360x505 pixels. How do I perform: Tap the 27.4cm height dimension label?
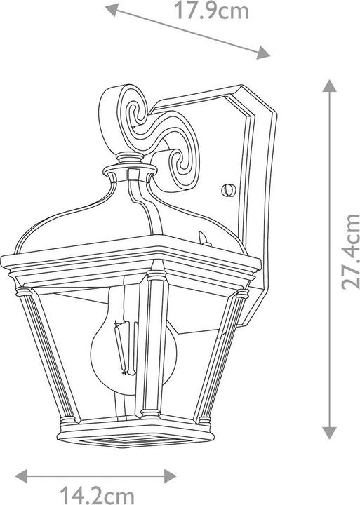point(349,252)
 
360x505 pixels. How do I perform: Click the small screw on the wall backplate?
point(227,189)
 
